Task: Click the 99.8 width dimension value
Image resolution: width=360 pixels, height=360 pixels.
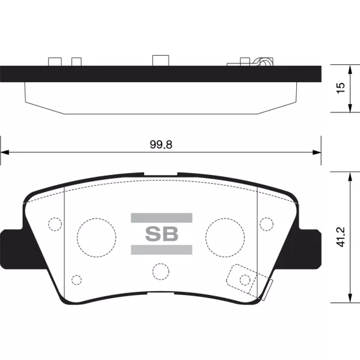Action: click(x=161, y=145)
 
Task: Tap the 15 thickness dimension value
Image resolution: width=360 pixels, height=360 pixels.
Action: click(x=340, y=88)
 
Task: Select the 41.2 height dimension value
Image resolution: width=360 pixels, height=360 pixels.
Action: click(x=340, y=237)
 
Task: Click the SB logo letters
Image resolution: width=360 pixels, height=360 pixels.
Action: click(x=162, y=234)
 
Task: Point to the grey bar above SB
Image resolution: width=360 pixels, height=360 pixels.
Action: click(x=162, y=218)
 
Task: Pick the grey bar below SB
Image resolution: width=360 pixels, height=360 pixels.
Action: click(x=162, y=250)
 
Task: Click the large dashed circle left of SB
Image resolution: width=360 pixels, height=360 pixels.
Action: click(x=78, y=237)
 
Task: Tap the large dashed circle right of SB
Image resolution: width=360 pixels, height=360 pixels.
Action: click(x=206, y=237)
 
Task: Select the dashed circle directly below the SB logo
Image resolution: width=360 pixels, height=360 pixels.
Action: click(x=152, y=272)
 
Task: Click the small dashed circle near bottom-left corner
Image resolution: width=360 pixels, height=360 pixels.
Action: click(x=71, y=280)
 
